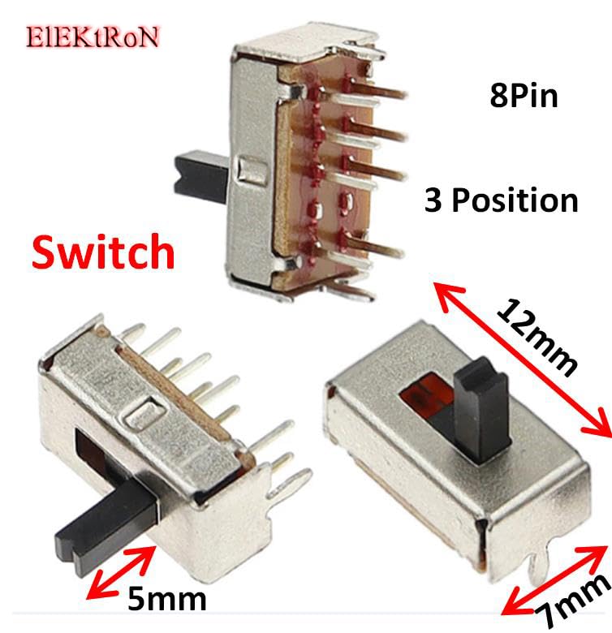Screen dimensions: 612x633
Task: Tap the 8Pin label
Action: pos(524,97)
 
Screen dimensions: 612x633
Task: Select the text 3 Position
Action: pos(501,200)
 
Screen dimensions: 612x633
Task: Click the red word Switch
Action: pos(103,253)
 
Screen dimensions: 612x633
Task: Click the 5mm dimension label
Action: pos(166,600)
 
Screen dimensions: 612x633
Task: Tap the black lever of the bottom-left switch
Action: pos(104,523)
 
